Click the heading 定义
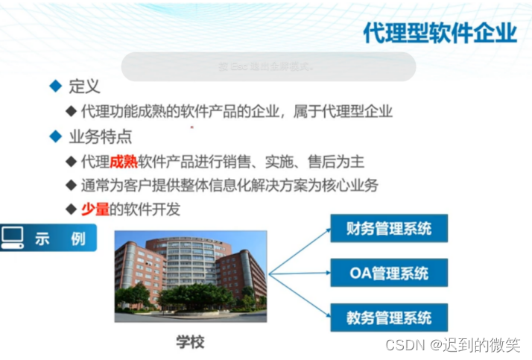pyautogui.click(x=83, y=87)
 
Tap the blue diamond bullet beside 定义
pyautogui.click(x=54, y=87)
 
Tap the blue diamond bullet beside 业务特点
pyautogui.click(x=54, y=136)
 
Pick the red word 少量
pyautogui.click(x=95, y=209)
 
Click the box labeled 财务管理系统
pyautogui.click(x=389, y=229)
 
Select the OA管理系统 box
pyautogui.click(x=389, y=273)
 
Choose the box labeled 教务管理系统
pyautogui.click(x=389, y=318)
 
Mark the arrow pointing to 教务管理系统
pyautogui.click(x=300, y=297)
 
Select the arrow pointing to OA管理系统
pyautogui.click(x=300, y=274)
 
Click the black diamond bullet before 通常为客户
pyautogui.click(x=71, y=186)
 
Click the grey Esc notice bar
pyautogui.click(x=267, y=66)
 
